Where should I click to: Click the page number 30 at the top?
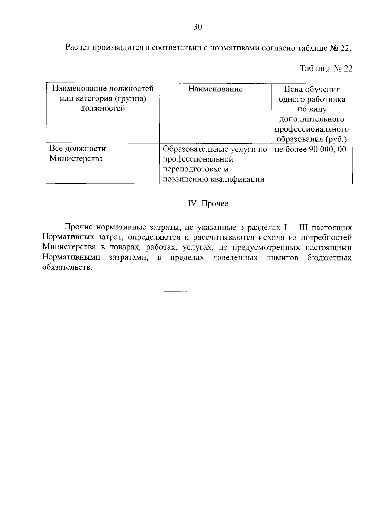198,27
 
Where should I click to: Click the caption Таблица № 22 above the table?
326,68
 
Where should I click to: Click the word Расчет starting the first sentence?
78,48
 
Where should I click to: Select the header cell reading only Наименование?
215,89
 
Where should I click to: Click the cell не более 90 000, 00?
310,150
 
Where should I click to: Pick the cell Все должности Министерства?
77,154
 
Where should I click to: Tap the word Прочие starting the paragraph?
79,228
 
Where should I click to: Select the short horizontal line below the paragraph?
197,292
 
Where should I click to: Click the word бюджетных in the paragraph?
330,258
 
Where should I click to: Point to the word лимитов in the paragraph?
282,258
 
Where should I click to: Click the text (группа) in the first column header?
130,99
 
